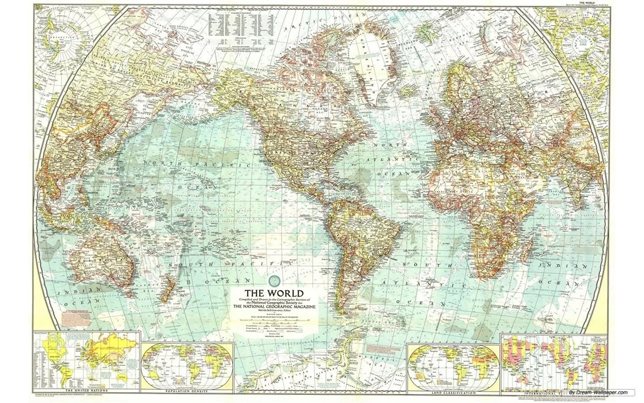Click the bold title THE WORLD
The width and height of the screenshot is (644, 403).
273,293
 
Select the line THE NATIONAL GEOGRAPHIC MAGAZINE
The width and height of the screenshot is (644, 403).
273,307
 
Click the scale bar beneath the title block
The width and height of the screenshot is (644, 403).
274,322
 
